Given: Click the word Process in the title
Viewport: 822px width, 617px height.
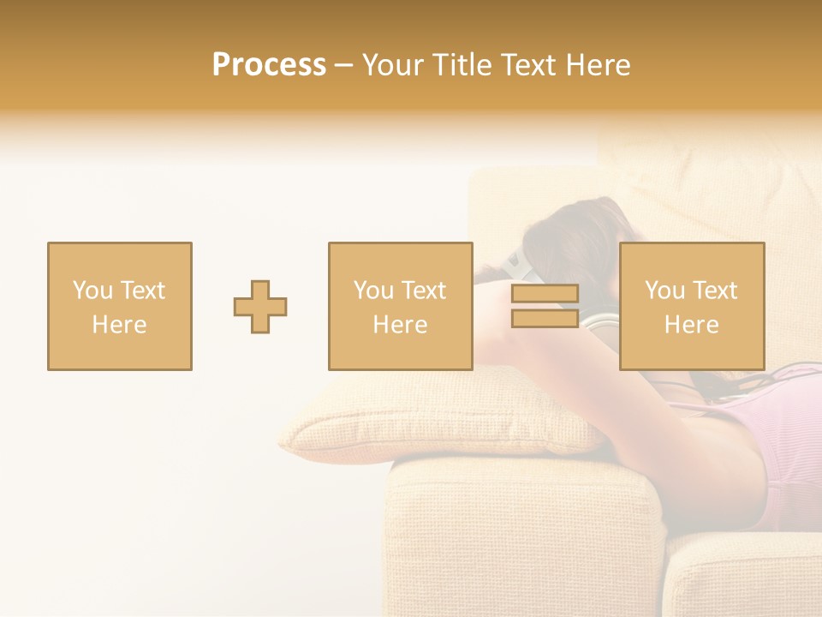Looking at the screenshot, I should [269, 65].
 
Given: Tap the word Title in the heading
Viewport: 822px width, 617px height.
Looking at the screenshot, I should [462, 65].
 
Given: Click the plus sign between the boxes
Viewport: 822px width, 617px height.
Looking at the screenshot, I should [260, 307].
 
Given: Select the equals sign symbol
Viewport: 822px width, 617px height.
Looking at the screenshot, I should [545, 307].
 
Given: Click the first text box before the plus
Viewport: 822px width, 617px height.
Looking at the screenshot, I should [120, 307].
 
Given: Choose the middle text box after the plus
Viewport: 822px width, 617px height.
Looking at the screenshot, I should [401, 307].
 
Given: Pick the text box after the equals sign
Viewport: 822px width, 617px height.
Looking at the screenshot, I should [692, 307].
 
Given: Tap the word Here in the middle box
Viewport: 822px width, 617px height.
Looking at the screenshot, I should [401, 325].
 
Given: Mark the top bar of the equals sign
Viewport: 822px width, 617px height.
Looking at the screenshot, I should [545, 294].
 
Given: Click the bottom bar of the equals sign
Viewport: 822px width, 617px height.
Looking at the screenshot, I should [545, 319].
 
